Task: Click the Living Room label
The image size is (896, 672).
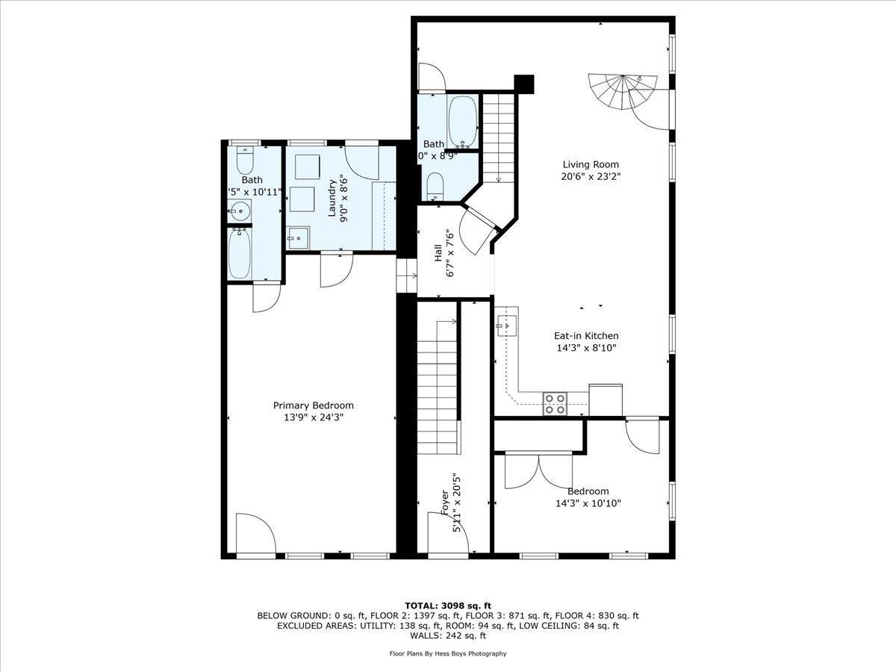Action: (591, 164)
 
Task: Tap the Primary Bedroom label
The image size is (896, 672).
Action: (313, 405)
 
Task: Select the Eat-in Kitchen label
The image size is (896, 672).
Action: (585, 336)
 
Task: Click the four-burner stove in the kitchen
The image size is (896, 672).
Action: (555, 403)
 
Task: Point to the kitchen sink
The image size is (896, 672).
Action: (507, 326)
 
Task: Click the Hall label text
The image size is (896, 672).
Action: (438, 253)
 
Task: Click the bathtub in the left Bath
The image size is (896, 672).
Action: (241, 253)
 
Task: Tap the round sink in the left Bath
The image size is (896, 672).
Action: (239, 211)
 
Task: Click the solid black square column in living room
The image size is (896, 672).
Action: (525, 84)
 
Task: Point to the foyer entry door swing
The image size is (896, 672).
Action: (447, 533)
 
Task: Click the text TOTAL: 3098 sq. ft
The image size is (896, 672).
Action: (448, 606)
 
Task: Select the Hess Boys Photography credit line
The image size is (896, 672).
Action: (448, 653)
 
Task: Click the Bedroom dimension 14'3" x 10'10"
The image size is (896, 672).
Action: (588, 503)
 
